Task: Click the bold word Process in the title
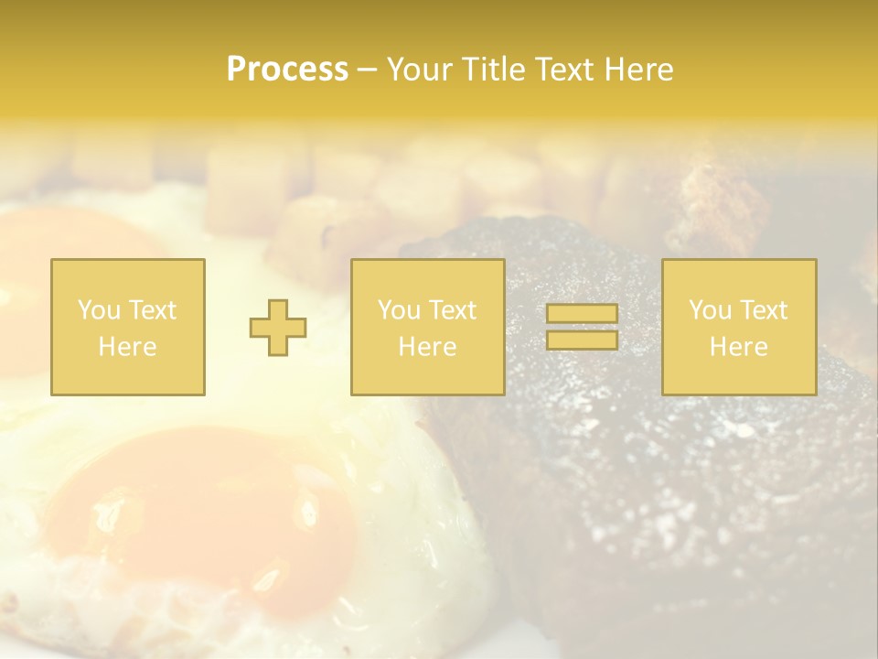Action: pyautogui.click(x=287, y=70)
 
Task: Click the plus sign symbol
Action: pyautogui.click(x=278, y=327)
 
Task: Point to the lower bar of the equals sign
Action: pyautogui.click(x=582, y=340)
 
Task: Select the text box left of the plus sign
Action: pyautogui.click(x=128, y=327)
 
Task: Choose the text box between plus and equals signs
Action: pyautogui.click(x=427, y=327)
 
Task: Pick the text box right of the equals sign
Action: pyautogui.click(x=739, y=327)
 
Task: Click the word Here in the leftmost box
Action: pyautogui.click(x=128, y=347)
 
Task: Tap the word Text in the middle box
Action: pyautogui.click(x=453, y=310)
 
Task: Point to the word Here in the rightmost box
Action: pyautogui.click(x=739, y=347)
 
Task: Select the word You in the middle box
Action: pyautogui.click(x=400, y=310)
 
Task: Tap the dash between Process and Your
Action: pyautogui.click(x=366, y=70)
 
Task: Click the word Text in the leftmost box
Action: pyautogui.click(x=153, y=310)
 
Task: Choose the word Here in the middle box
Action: pyautogui.click(x=427, y=347)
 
